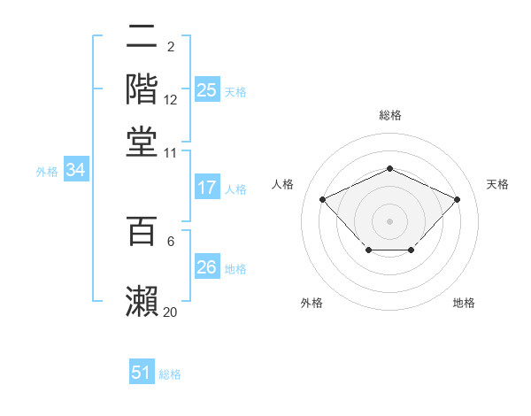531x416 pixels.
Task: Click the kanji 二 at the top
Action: pos(142,38)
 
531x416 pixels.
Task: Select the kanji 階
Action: pos(142,89)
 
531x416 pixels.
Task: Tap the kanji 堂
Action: pos(142,142)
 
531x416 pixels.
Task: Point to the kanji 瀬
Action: pos(142,299)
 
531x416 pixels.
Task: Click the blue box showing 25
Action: pos(206,90)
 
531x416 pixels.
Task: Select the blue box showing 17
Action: pos(206,188)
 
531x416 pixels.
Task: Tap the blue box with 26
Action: pos(206,267)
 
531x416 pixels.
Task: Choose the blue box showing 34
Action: pos(75,171)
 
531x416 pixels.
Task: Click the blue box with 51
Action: pos(142,373)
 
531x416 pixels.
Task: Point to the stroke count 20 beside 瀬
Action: pos(171,312)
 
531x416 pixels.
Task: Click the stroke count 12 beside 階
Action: pos(171,100)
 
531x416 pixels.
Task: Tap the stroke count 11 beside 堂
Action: pos(171,152)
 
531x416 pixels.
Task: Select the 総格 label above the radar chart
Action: pos(389,115)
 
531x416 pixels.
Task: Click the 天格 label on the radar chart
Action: pos(498,184)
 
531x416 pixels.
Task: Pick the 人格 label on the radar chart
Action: pos(282,184)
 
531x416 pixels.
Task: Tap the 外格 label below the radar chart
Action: pos(312,303)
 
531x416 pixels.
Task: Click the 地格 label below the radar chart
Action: pos(464,303)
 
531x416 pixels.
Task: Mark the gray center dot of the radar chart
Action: pos(389,220)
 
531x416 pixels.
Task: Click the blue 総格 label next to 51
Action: pos(170,374)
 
